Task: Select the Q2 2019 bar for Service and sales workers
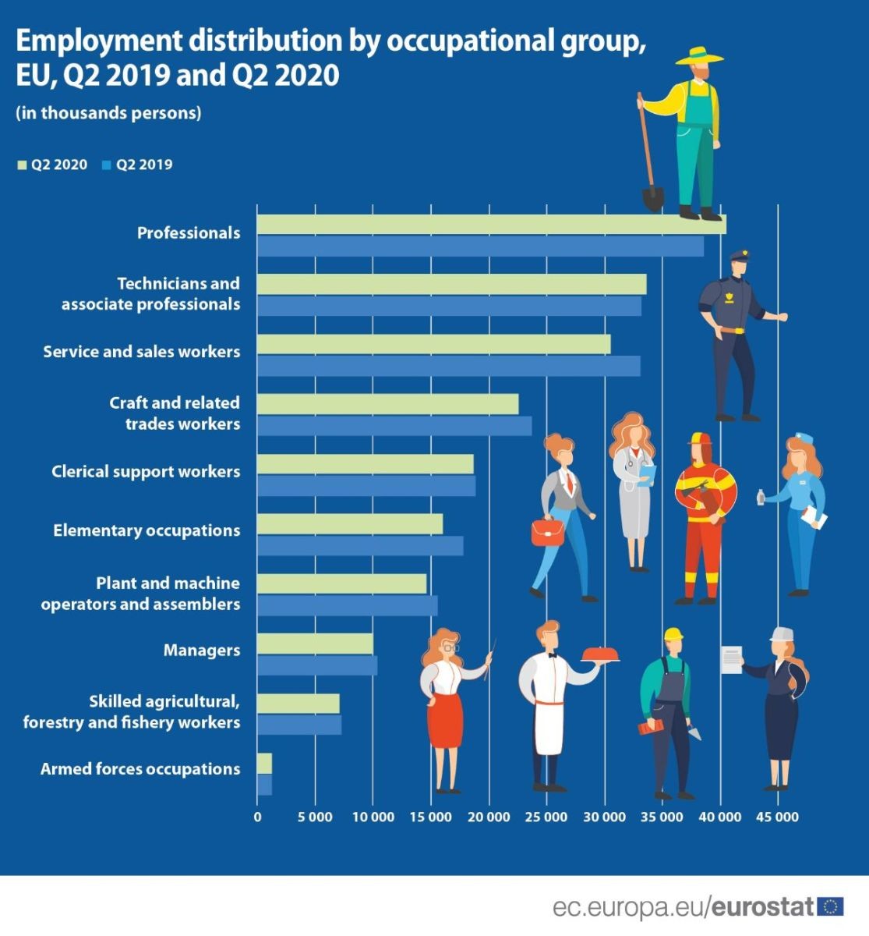[449, 366]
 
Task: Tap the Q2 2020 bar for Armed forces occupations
[265, 764]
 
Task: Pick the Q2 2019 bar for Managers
[317, 665]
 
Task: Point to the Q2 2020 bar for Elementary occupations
[350, 524]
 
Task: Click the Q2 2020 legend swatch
[22, 165]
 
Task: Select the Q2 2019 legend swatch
[107, 165]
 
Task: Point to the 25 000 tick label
[546, 817]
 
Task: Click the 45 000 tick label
[778, 817]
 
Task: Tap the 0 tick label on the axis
[257, 817]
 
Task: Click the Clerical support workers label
[146, 472]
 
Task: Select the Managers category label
[202, 651]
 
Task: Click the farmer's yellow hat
[699, 56]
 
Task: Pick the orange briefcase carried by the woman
[547, 533]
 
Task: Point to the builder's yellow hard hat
[673, 634]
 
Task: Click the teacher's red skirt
[445, 720]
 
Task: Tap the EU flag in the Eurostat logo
[830, 906]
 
